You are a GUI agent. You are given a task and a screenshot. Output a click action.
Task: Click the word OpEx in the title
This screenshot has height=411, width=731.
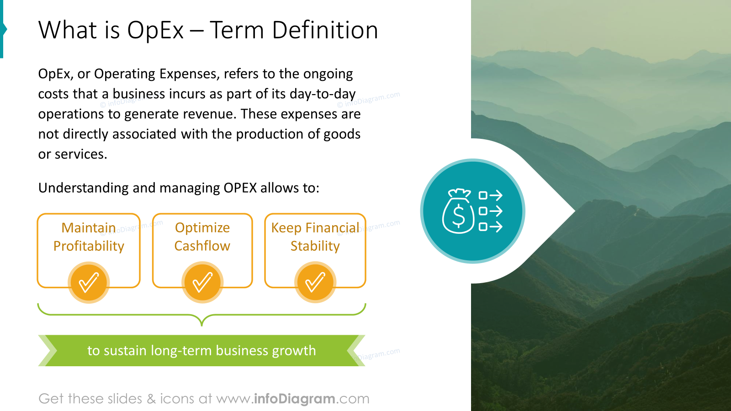click(x=155, y=30)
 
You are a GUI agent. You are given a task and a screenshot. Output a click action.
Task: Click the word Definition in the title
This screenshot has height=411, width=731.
click(x=325, y=30)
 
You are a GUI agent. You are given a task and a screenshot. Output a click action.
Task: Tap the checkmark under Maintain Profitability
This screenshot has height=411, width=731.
click(x=89, y=283)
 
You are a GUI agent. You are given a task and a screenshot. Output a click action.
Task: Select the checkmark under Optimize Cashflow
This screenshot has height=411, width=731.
click(x=202, y=283)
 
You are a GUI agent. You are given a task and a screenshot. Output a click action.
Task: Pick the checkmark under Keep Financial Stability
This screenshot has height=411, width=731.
click(x=315, y=283)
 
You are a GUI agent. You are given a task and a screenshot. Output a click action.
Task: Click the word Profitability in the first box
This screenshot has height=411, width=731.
click(x=89, y=246)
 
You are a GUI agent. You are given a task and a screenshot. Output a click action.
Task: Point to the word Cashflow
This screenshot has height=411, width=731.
click(x=202, y=246)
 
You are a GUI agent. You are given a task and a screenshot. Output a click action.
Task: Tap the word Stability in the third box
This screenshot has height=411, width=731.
click(x=315, y=246)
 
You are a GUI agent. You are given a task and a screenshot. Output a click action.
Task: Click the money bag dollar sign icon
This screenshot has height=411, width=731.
click(x=458, y=211)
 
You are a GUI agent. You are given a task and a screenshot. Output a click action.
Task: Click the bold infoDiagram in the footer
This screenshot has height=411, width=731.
click(x=294, y=399)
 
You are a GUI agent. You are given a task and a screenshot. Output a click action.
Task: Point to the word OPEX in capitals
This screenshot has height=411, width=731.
click(x=240, y=188)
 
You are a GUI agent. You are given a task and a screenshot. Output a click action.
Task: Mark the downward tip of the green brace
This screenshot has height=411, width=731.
click(x=201, y=326)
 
